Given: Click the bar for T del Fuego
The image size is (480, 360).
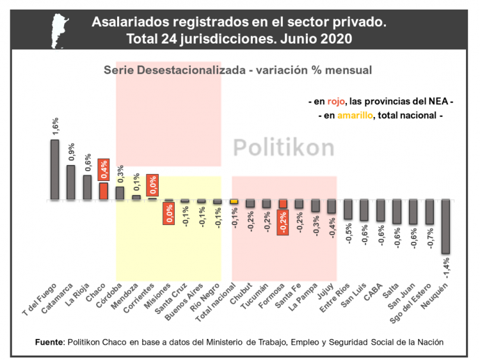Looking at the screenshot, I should point(54,169).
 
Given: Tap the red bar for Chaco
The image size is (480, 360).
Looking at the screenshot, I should point(103,191).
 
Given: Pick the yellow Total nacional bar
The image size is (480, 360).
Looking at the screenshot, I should point(234,202).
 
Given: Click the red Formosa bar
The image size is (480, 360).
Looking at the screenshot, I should point(283,204).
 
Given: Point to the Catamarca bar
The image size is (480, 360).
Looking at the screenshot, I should point(70,182).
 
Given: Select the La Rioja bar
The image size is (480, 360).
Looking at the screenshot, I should point(87,187).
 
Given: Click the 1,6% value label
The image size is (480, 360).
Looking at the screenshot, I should point(54,125).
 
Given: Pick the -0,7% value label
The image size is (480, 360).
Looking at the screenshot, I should point(430,239).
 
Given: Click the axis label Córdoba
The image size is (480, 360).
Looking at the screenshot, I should point(112,295).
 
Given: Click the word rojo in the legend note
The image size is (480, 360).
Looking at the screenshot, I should point(336,102).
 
